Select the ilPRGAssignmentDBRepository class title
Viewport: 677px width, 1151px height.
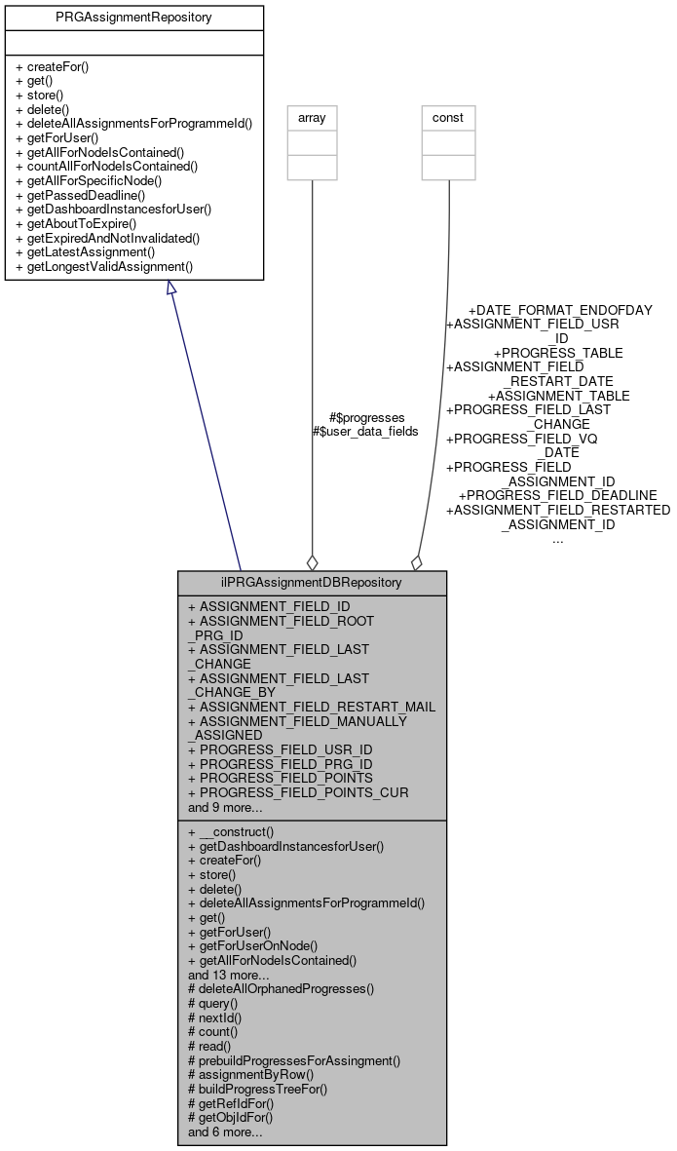(312, 583)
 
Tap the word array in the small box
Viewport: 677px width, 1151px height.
(312, 118)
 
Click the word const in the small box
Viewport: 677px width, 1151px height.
(448, 118)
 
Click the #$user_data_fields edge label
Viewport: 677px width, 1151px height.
(364, 431)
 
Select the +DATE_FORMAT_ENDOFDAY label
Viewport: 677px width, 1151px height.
(560, 310)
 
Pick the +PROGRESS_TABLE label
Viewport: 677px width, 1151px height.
(558, 353)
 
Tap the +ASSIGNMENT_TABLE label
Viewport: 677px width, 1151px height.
(558, 396)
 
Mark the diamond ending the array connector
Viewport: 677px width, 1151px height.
(312, 561)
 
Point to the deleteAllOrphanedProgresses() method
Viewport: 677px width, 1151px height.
(281, 988)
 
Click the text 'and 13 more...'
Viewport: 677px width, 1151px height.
(229, 974)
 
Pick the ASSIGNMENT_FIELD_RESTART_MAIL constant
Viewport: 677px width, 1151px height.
(311, 707)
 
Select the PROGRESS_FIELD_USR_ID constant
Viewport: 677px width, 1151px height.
(280, 749)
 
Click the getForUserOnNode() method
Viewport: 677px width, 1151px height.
(252, 945)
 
